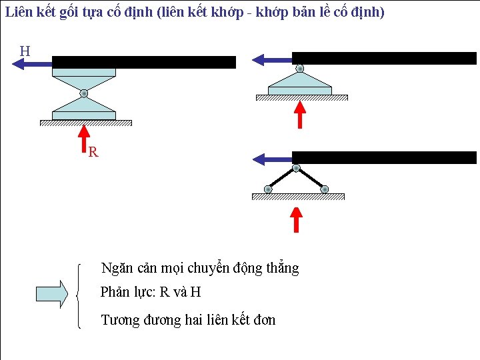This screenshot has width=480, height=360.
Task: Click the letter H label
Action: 25,51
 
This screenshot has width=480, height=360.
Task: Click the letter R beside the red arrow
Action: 93,153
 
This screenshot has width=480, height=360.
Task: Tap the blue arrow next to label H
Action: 32,63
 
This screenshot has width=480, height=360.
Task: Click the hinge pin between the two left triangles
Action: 84,94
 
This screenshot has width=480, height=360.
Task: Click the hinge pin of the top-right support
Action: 300,68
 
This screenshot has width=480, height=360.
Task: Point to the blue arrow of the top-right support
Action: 272,60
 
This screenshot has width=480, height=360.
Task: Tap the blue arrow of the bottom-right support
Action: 272,159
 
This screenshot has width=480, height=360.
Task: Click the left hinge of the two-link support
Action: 268,189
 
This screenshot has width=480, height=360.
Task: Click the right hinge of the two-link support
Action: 324,189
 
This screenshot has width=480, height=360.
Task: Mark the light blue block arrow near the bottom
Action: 51,293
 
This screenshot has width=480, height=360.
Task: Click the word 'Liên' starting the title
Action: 18,12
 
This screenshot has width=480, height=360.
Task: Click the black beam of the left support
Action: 144,62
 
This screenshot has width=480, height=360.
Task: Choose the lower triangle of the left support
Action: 84,106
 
